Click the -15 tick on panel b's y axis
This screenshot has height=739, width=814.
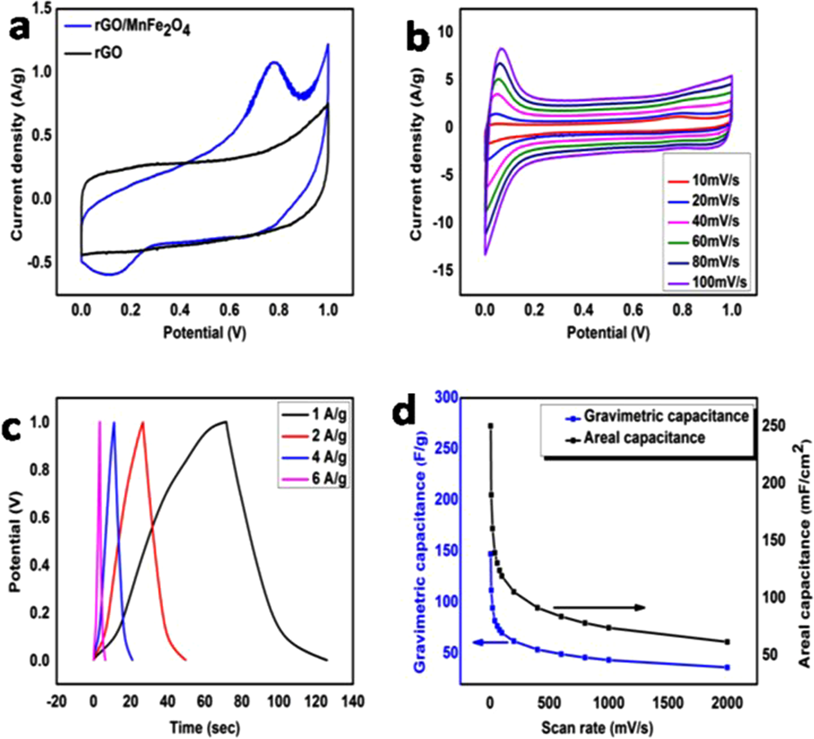click(x=444, y=270)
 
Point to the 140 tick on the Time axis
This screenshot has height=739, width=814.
click(x=352, y=701)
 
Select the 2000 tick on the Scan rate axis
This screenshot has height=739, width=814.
click(x=727, y=703)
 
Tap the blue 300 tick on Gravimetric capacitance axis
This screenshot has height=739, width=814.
click(x=446, y=397)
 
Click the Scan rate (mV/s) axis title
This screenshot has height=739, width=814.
click(x=597, y=728)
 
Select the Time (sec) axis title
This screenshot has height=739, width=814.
click(x=204, y=728)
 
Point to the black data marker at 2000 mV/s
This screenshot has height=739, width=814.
click(x=727, y=642)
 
